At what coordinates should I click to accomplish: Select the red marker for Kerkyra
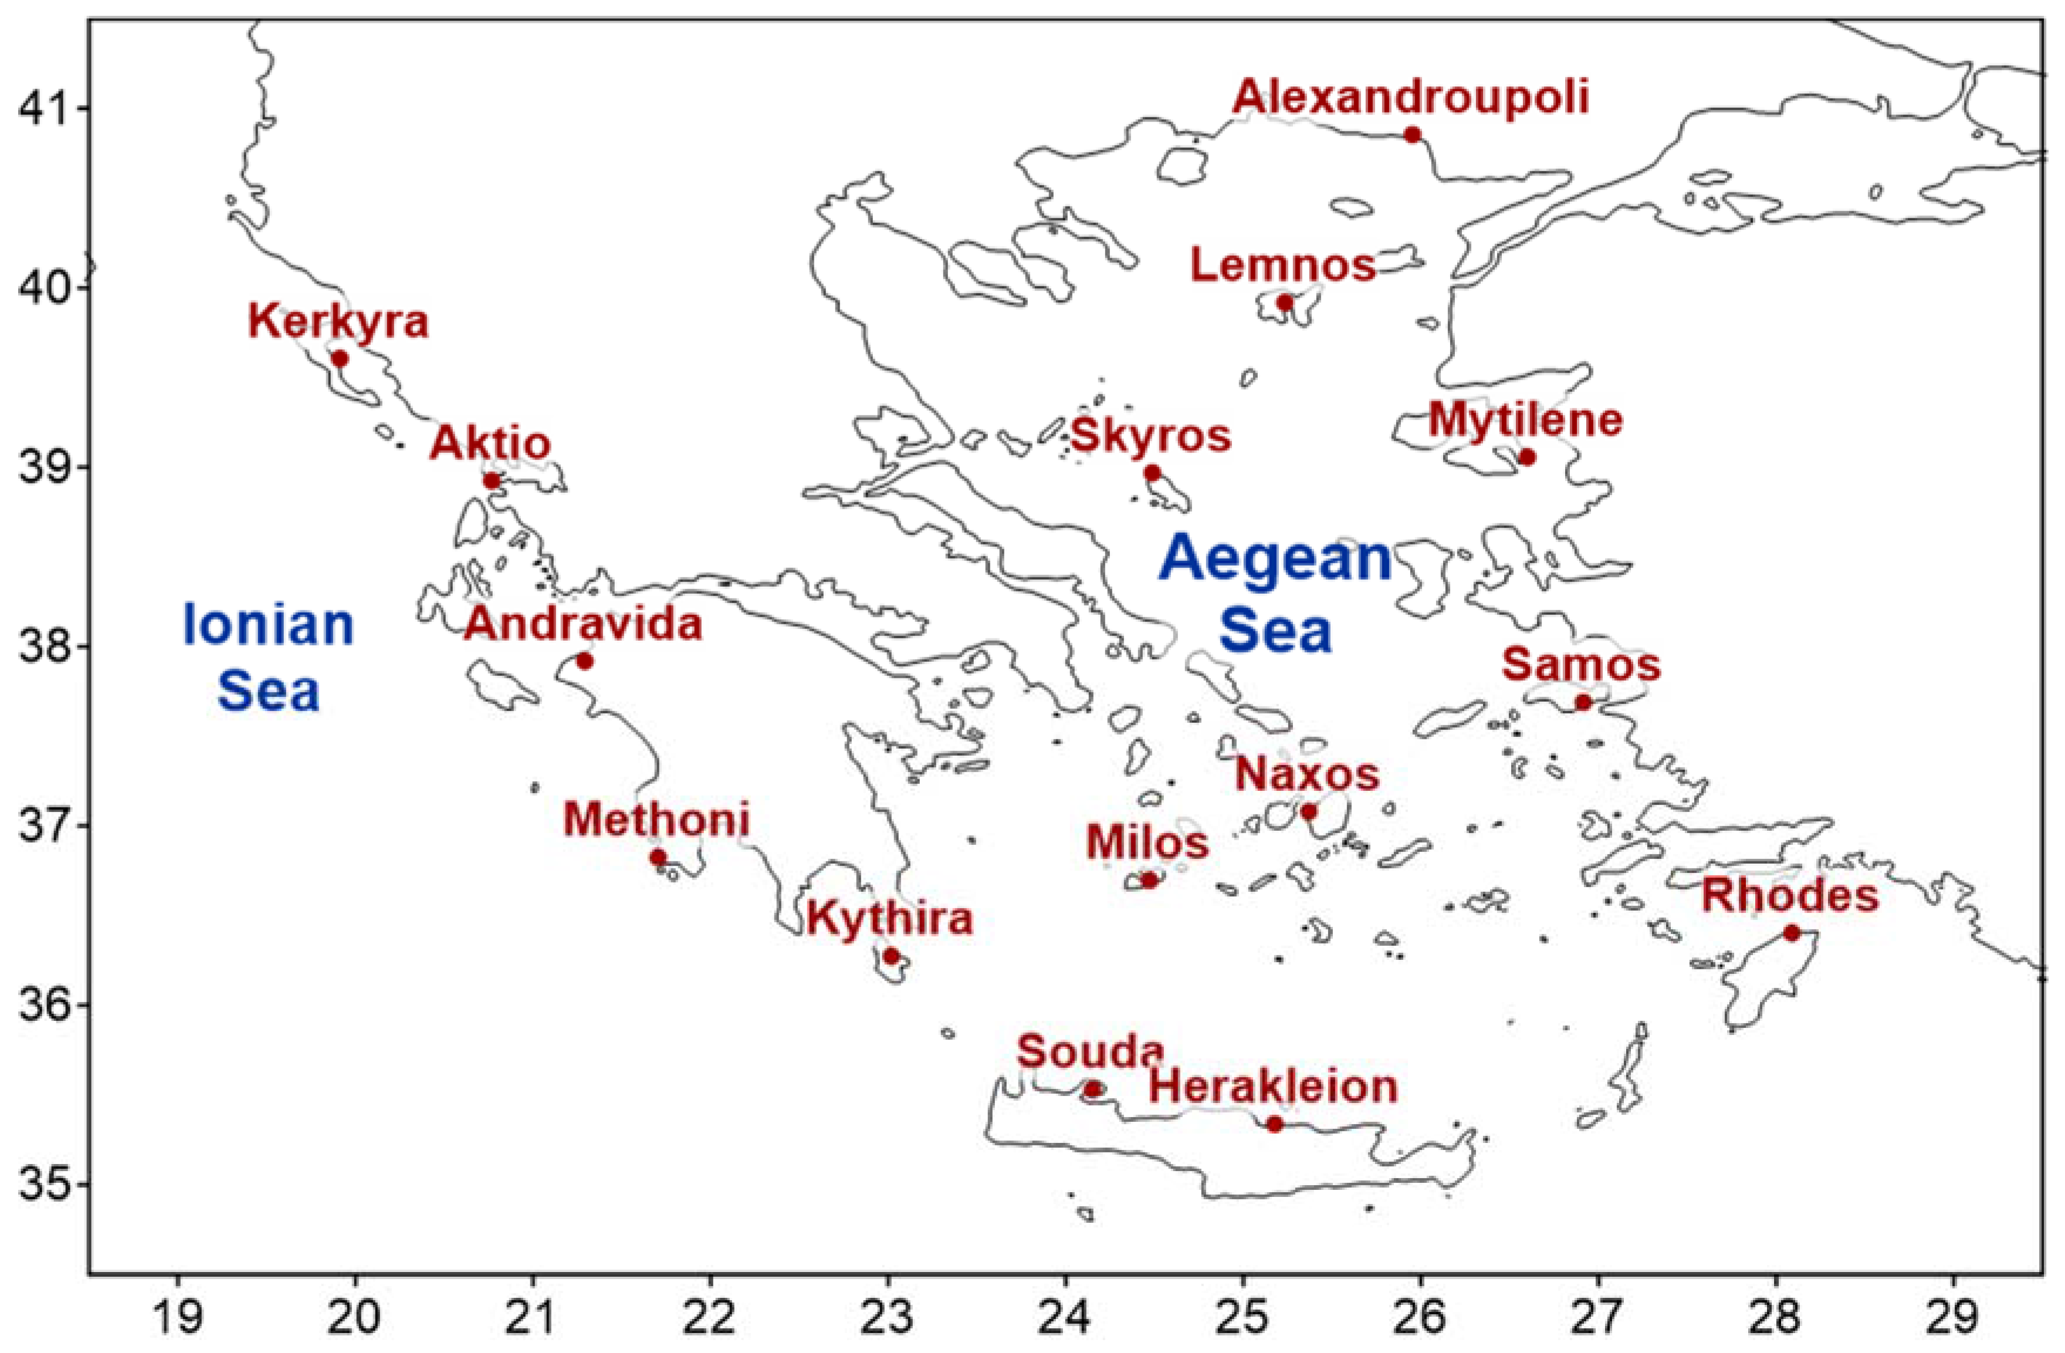(340, 358)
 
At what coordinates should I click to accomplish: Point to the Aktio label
(490, 444)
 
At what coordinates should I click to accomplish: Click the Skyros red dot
(1152, 473)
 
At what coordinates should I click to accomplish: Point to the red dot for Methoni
(658, 857)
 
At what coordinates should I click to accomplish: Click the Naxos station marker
(1308, 811)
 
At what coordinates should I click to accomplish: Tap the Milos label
(1147, 842)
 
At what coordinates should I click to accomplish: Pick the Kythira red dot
(891, 956)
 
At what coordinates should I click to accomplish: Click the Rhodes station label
(1790, 895)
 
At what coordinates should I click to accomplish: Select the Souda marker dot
(1092, 1088)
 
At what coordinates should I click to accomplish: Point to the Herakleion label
(1274, 1087)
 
